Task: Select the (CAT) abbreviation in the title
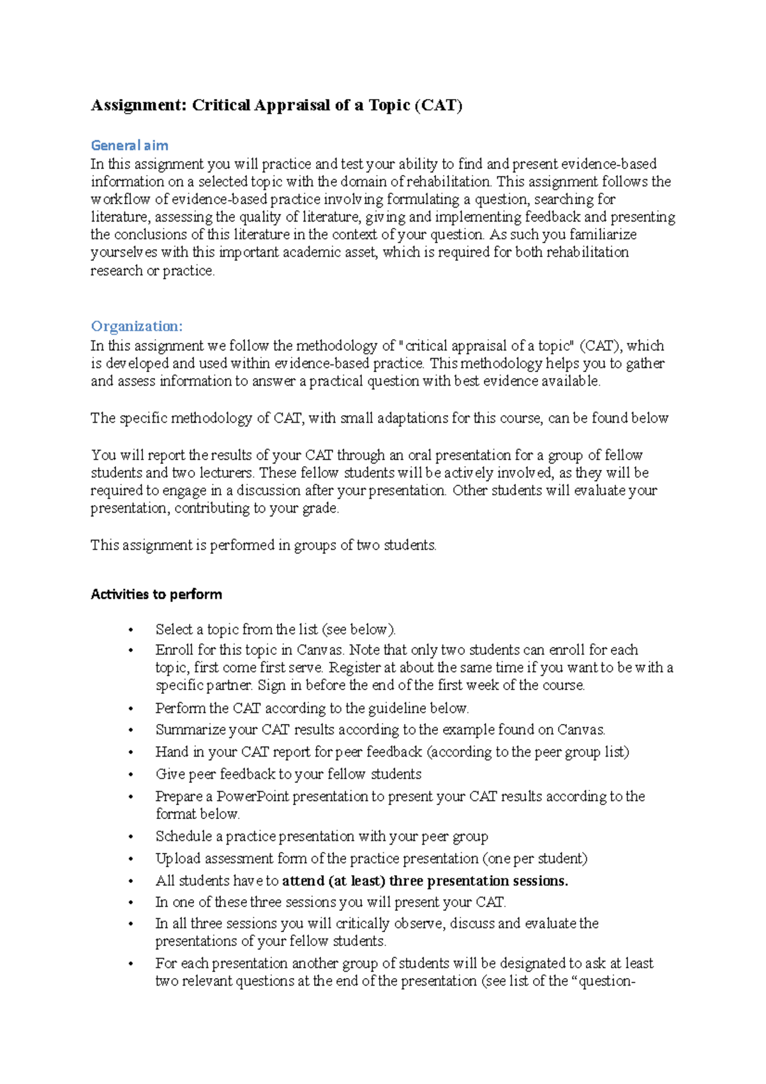point(439,105)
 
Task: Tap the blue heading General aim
point(130,145)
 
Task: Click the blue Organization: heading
point(137,326)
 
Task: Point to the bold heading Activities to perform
point(156,594)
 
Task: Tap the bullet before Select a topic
point(131,630)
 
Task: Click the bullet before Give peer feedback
point(131,775)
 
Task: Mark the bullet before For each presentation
point(131,964)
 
